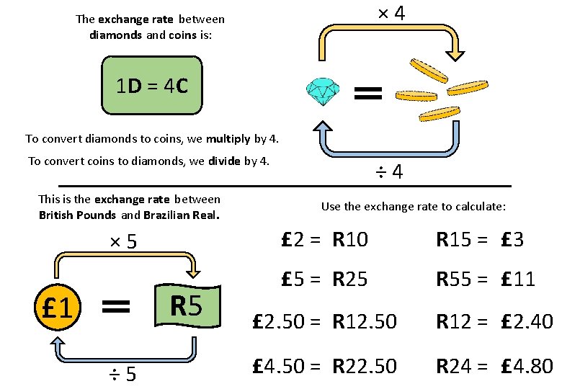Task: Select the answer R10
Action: [350, 240]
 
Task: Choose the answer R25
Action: [350, 278]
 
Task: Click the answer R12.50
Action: [365, 322]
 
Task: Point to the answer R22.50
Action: [365, 366]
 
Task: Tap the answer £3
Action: [512, 240]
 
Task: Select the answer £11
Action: [518, 278]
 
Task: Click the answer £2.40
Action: [524, 322]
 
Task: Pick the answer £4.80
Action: [524, 366]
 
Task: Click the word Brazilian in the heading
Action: [166, 215]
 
